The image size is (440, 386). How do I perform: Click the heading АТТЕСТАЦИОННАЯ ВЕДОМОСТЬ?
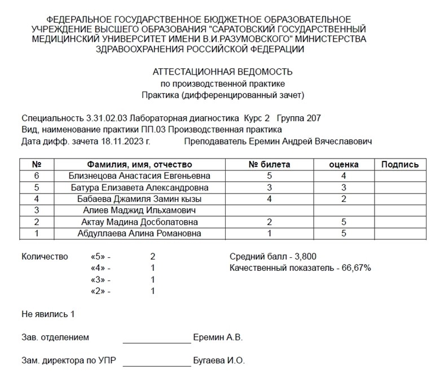(222, 72)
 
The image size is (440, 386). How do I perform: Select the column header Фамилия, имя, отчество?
(140, 165)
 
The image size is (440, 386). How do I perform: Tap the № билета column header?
(270, 165)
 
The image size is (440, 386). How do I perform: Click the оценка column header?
(344, 165)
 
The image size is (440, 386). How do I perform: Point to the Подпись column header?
(400, 165)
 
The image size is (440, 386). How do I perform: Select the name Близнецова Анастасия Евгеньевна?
(140, 176)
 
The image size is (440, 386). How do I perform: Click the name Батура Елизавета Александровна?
(140, 187)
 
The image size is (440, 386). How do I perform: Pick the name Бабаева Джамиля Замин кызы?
(140, 199)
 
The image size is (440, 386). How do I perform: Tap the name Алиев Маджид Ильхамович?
(140, 210)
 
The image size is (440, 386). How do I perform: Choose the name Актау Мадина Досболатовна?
(140, 222)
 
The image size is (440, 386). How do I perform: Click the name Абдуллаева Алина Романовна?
(140, 233)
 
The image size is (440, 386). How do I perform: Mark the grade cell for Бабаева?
(344, 199)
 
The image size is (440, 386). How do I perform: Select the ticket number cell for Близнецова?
(270, 176)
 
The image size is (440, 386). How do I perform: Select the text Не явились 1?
(48, 314)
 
